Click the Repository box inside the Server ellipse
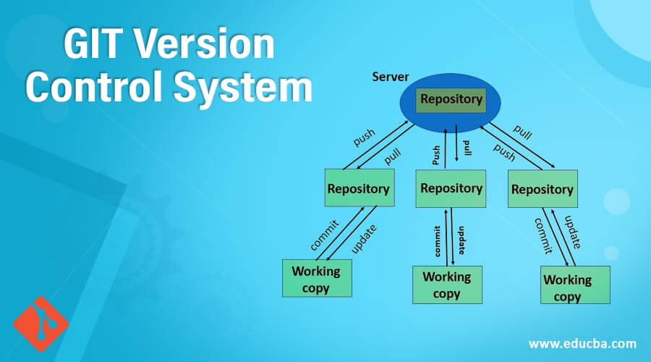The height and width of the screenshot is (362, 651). click(x=451, y=100)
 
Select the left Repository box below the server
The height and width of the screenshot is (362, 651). click(x=359, y=189)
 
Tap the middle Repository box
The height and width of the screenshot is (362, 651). click(x=451, y=188)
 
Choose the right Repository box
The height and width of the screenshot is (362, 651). click(x=542, y=190)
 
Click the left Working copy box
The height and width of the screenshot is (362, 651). click(x=316, y=279)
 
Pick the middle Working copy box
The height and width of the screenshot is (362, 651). click(x=446, y=285)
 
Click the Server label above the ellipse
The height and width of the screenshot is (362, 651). click(x=391, y=76)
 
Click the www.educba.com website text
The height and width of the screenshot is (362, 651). click(x=582, y=342)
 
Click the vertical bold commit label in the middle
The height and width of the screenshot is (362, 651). click(x=438, y=240)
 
